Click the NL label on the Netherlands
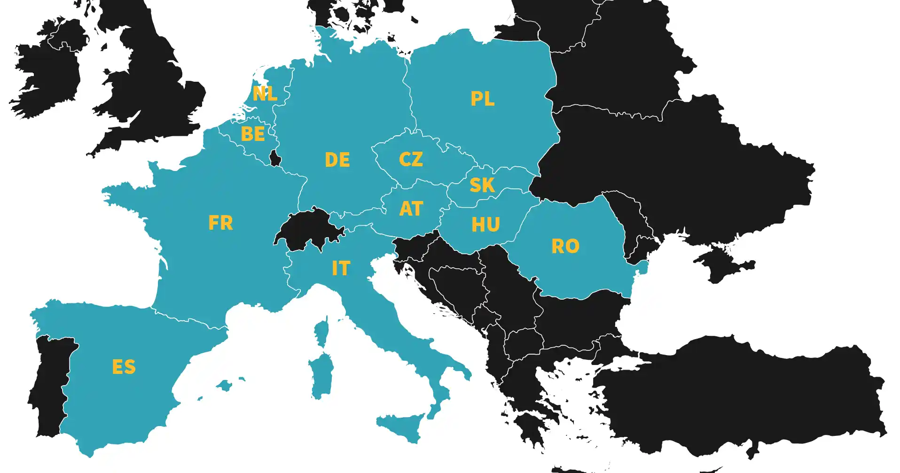pos(265,93)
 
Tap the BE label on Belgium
pos(252,134)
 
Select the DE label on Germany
pos(337,160)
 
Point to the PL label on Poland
pos(482,99)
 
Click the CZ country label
pos(410,159)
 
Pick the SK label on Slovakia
pos(482,185)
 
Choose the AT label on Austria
pos(411,209)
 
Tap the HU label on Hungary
pos(485,225)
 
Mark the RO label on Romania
pos(565,246)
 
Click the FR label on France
pos(220,223)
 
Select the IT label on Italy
pos(341,268)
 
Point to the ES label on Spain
pos(124,367)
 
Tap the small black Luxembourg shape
pos(275,158)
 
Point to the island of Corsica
pos(322,331)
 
